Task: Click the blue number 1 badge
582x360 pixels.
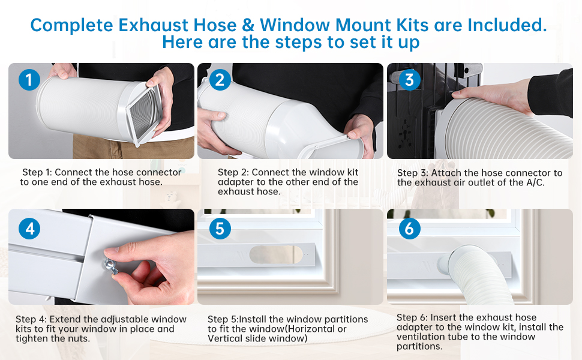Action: point(29,80)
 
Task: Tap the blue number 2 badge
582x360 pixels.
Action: point(220,80)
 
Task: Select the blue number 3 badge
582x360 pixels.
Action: point(409,80)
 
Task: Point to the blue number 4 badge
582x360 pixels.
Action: point(29,228)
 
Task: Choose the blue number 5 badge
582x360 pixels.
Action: point(220,228)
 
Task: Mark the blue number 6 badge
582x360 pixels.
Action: point(409,228)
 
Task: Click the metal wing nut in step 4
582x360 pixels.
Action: point(111,266)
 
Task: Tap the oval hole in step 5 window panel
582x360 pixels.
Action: point(276,255)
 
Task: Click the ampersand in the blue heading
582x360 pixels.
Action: point(248,25)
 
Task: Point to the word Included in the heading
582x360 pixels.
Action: point(507,25)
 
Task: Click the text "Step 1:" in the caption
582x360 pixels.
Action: point(37,172)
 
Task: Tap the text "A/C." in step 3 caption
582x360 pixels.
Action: point(535,182)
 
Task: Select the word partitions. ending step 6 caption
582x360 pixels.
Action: point(419,346)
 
